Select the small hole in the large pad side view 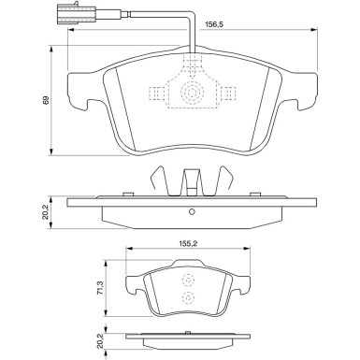190,209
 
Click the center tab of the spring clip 190,179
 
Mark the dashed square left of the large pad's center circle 156,94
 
